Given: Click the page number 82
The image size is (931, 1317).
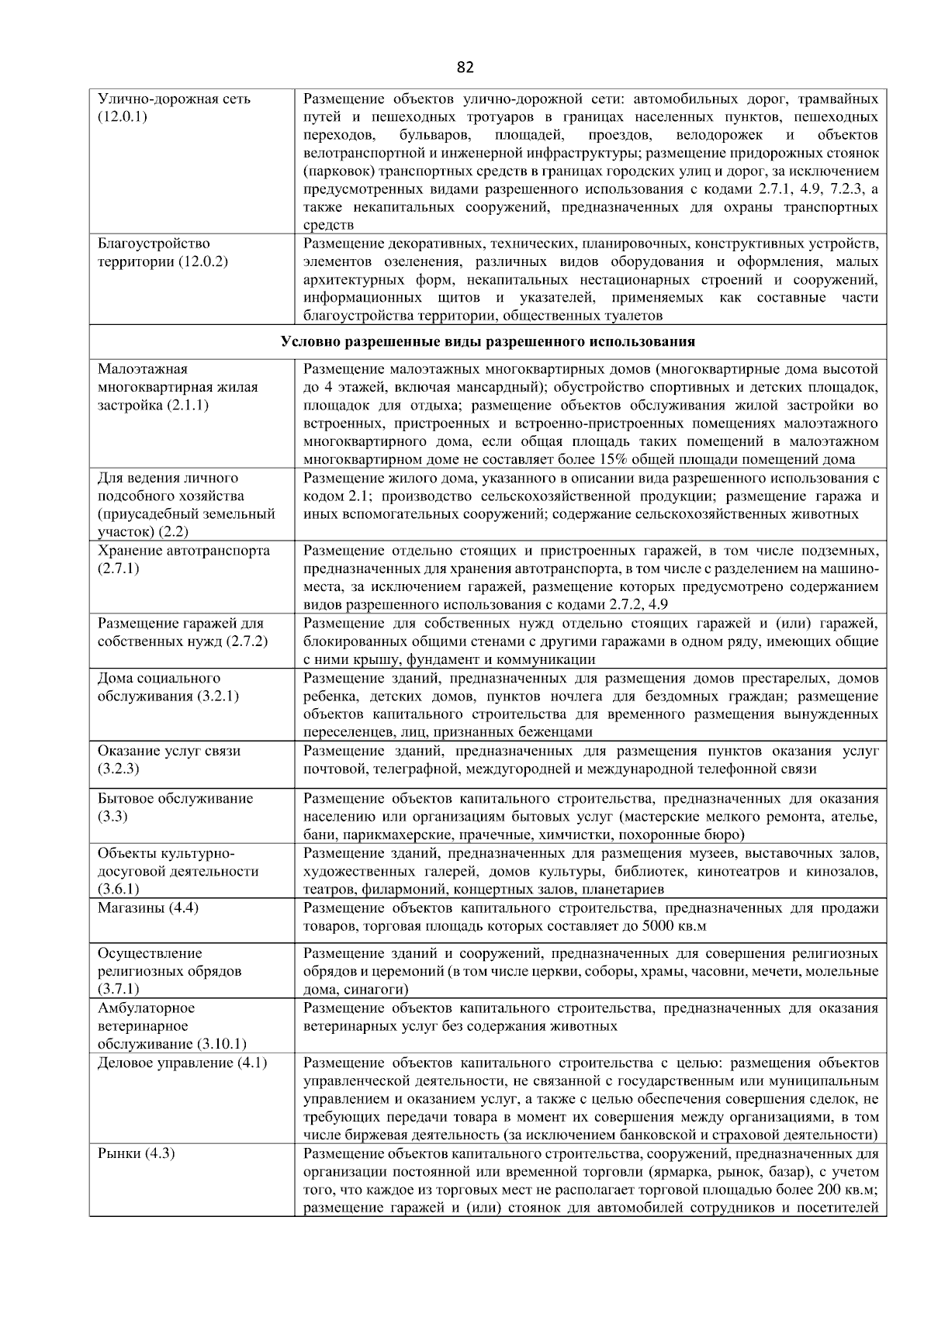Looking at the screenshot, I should [465, 67].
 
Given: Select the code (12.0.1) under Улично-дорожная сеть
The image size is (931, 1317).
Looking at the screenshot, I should [123, 117].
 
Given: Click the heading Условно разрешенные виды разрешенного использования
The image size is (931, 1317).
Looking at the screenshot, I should [487, 341].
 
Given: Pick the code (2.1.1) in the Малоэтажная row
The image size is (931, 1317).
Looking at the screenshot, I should [187, 405].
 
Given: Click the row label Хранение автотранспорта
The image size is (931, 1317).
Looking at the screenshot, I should [184, 551].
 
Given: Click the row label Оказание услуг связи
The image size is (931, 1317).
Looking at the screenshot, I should [169, 751].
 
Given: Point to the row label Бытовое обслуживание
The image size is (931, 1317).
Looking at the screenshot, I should [175, 798].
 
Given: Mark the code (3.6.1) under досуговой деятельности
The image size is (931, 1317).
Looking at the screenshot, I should [119, 889].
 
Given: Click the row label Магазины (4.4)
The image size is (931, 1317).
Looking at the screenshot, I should [148, 907].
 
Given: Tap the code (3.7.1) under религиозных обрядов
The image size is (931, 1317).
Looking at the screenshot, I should [119, 989].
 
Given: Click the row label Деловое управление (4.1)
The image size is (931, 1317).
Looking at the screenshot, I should [182, 1063].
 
